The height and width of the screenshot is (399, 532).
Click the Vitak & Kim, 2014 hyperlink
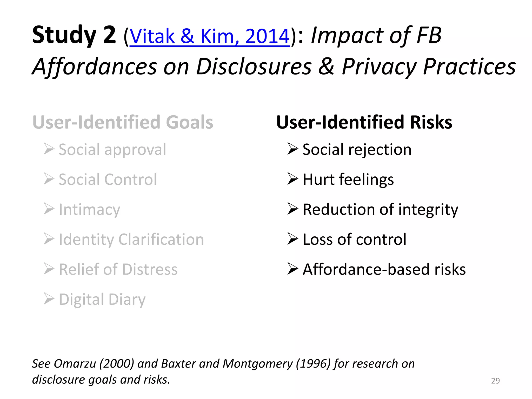pyautogui.click(x=209, y=36)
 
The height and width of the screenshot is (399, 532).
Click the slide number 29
pyautogui.click(x=495, y=381)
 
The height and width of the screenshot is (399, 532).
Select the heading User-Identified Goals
pyautogui.click(x=123, y=122)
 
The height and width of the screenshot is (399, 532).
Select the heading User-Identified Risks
pyautogui.click(x=364, y=122)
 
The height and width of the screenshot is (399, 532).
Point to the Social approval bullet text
pyautogui.click(x=112, y=150)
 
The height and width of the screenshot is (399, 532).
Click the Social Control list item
pyautogui.click(x=108, y=179)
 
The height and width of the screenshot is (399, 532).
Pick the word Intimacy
pyautogui.click(x=90, y=209)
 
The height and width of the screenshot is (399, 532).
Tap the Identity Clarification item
pyautogui.click(x=131, y=239)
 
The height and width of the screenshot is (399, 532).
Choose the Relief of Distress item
pyautogui.click(x=118, y=269)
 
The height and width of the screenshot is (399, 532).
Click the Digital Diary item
pyautogui.click(x=102, y=299)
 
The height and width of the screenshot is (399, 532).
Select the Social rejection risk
pyautogui.click(x=357, y=150)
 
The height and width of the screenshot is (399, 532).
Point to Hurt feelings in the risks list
pyautogui.click(x=348, y=179)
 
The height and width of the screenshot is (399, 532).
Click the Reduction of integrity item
pyautogui.click(x=380, y=209)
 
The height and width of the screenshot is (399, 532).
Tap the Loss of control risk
pyautogui.click(x=354, y=239)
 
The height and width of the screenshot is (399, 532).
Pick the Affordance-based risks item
pyautogui.click(x=384, y=269)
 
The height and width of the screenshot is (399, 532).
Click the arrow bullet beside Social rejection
pyautogui.click(x=292, y=149)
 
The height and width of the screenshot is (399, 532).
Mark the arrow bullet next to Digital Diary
pyautogui.click(x=49, y=299)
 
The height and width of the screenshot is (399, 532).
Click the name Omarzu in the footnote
pyautogui.click(x=75, y=364)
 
